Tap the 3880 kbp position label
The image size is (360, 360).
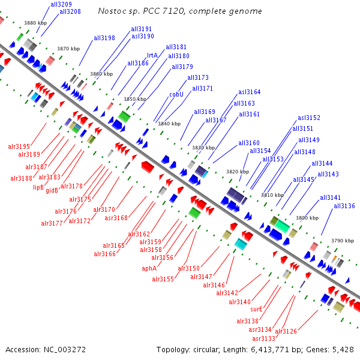pos(35,23)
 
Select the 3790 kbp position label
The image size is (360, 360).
pos(342,241)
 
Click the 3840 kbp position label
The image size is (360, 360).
pos(169,124)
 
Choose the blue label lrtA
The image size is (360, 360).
pos(152,55)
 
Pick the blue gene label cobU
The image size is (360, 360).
pos(176,94)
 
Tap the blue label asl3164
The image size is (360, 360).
pos(249,92)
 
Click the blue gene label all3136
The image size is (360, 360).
pos(344,206)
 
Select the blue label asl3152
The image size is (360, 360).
pos(309,118)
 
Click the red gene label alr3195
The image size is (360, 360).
pos(19,146)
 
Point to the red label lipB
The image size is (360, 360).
pos(38,187)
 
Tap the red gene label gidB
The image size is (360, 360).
pos(52,190)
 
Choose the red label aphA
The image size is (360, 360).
pos(149,268)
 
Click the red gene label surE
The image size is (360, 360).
pos(257,309)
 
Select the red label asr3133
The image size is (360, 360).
pos(263,338)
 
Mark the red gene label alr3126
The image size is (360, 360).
pos(286,331)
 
